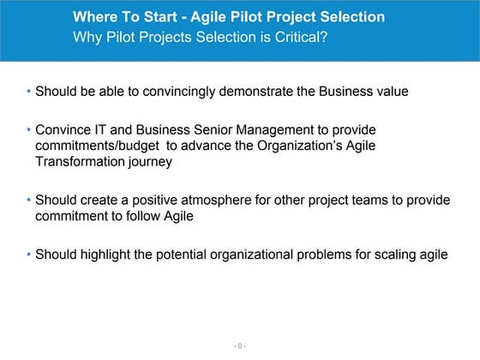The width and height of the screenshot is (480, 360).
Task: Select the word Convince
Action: click(x=63, y=129)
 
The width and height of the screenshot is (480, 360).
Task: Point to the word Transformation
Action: click(x=80, y=161)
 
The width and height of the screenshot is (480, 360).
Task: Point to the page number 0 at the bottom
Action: click(x=240, y=345)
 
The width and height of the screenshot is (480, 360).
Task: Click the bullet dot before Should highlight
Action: click(x=28, y=255)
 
